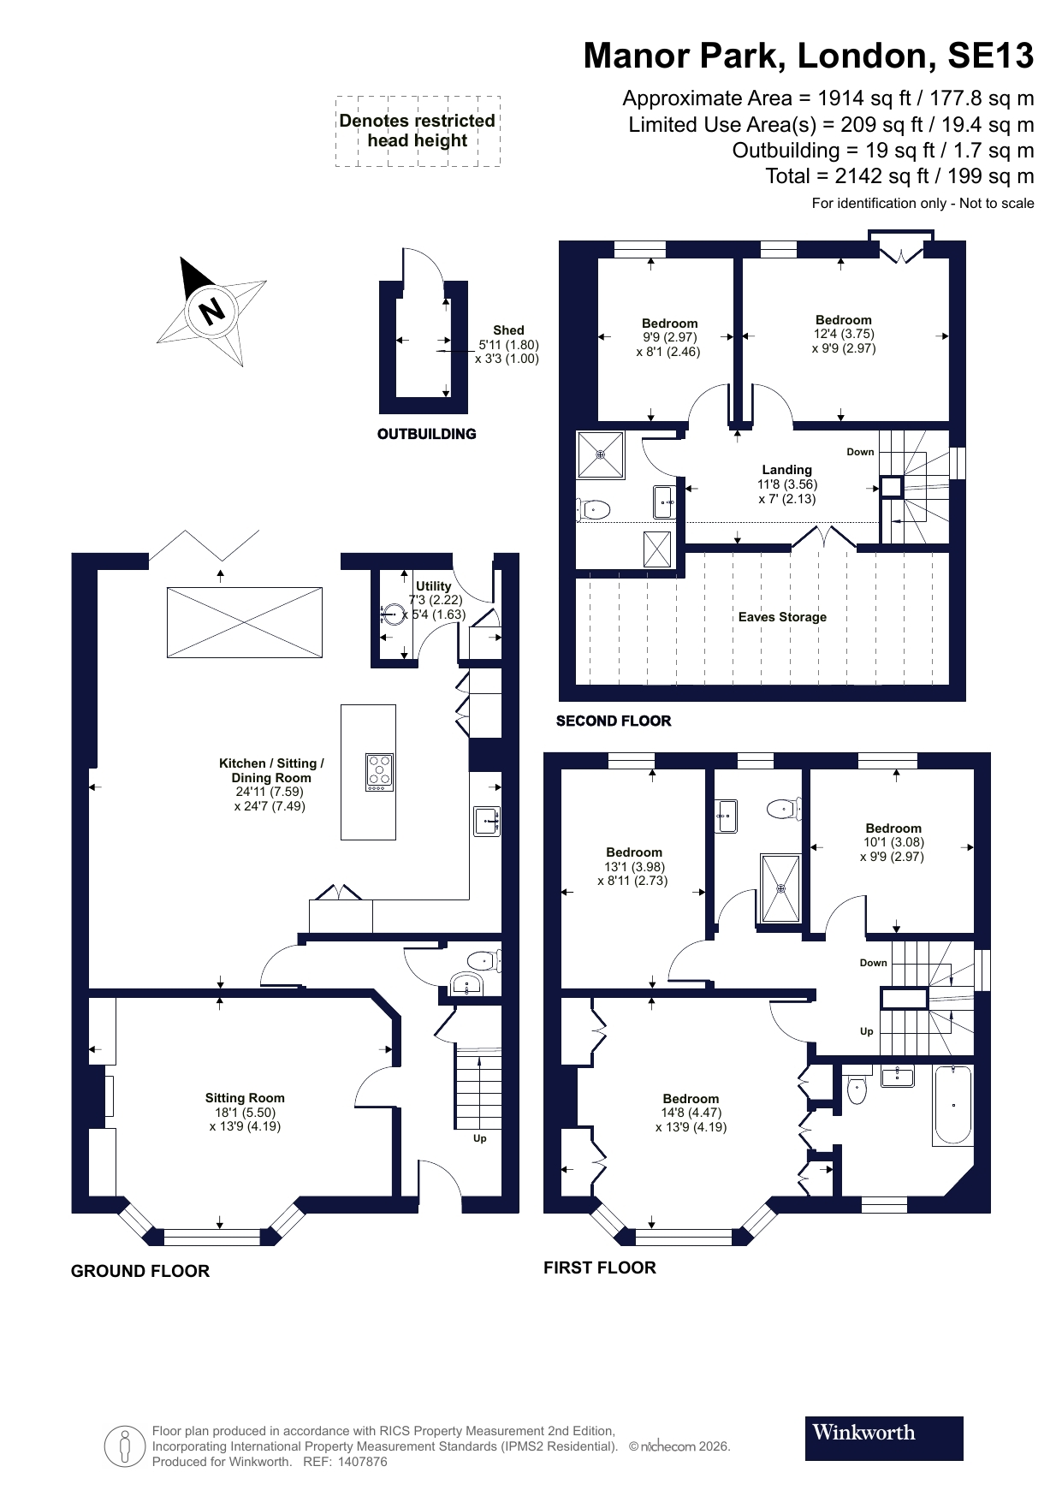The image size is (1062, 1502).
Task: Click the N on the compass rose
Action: pyautogui.click(x=211, y=309)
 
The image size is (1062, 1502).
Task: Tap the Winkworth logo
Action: pyautogui.click(x=883, y=1438)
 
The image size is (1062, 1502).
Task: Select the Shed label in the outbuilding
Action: pyautogui.click(x=508, y=330)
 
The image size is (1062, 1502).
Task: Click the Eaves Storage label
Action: pyautogui.click(x=782, y=617)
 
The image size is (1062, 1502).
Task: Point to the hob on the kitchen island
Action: pyautogui.click(x=379, y=771)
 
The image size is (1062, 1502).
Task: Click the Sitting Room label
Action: pyautogui.click(x=245, y=1098)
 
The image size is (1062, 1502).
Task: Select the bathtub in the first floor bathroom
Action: pyautogui.click(x=952, y=1105)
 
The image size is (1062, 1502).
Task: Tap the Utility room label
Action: pyautogui.click(x=433, y=587)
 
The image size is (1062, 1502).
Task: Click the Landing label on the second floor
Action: pyautogui.click(x=786, y=470)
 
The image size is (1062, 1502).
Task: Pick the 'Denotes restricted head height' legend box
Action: pyautogui.click(x=418, y=131)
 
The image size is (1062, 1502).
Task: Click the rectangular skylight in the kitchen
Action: pyautogui.click(x=245, y=622)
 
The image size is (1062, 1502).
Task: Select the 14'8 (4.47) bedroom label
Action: pyautogui.click(x=691, y=1113)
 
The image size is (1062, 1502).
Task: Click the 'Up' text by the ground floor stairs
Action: pyautogui.click(x=480, y=1138)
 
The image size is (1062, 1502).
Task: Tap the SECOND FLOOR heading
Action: pyautogui.click(x=614, y=721)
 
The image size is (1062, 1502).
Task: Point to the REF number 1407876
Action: pyautogui.click(x=363, y=1462)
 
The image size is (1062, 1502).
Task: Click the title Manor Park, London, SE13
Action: pyautogui.click(x=808, y=56)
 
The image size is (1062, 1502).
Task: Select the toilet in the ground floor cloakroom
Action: pyautogui.click(x=484, y=960)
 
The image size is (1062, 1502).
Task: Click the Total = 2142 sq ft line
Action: pyautogui.click(x=899, y=176)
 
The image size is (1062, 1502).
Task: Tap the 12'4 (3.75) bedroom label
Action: pyautogui.click(x=843, y=334)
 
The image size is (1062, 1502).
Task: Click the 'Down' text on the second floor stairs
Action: pyautogui.click(x=860, y=452)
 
